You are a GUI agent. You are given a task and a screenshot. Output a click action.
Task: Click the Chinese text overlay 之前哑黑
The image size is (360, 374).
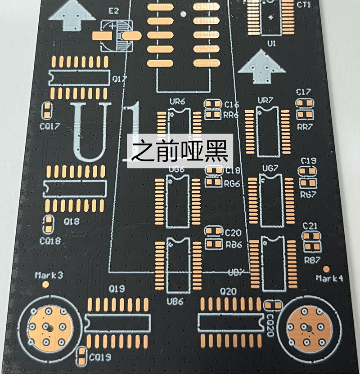180,151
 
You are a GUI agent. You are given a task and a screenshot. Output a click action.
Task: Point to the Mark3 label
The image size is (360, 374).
49,275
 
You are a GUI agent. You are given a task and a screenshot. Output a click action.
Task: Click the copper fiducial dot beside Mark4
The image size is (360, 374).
326,269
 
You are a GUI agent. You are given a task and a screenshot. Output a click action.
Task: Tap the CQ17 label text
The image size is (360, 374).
49,126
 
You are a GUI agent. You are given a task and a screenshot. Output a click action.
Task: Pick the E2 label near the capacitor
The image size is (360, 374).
113,11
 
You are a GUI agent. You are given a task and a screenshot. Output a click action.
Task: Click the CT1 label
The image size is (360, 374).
304,4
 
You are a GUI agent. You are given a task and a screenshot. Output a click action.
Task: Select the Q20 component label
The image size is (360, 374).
228,291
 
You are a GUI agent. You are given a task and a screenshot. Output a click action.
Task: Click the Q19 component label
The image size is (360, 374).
117,289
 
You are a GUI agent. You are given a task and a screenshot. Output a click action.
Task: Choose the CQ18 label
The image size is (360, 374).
49,241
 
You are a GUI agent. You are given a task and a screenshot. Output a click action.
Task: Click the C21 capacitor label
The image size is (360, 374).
310,225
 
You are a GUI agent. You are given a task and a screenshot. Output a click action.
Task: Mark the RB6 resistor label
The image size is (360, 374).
234,245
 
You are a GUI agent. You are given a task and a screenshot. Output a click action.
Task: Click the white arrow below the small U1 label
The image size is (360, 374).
261,67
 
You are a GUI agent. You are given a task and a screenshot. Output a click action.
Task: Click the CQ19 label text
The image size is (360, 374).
99,357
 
